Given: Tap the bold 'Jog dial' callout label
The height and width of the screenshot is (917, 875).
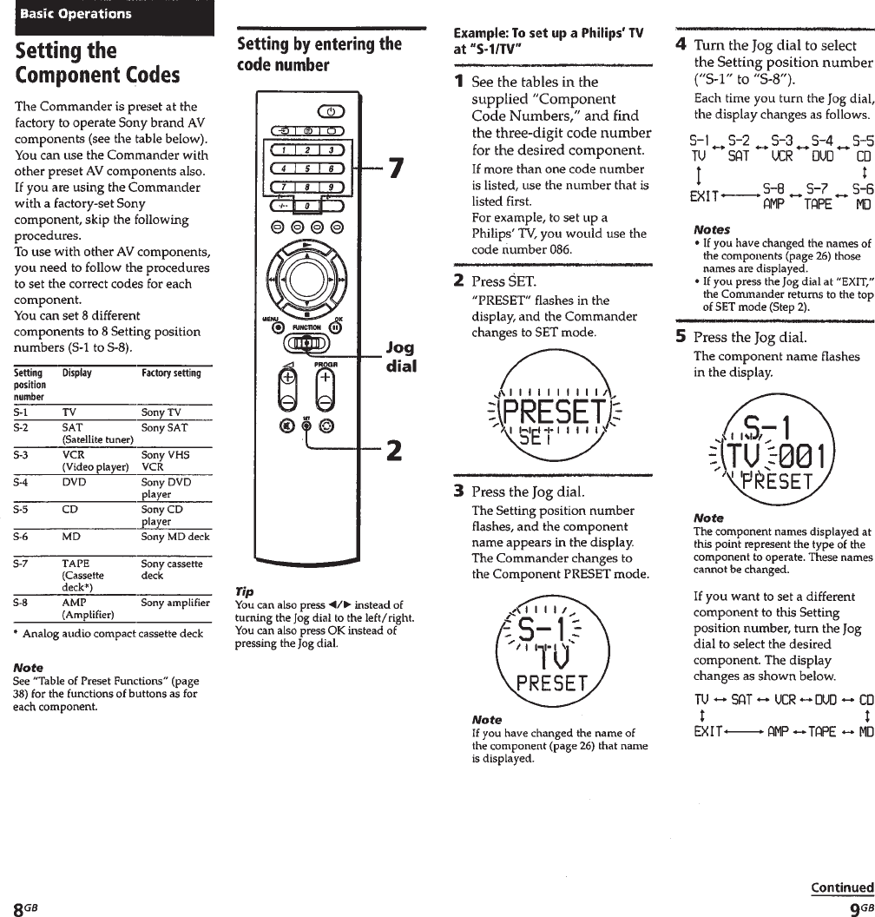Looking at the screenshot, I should (399, 356).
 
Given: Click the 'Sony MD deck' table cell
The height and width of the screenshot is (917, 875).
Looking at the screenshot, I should (175, 537).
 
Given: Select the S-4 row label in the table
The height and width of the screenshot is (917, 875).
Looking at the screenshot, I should (24, 482).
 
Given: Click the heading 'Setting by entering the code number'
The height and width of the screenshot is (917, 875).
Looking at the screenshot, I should (319, 54).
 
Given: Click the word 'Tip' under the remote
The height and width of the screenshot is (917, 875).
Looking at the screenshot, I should (245, 590).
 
